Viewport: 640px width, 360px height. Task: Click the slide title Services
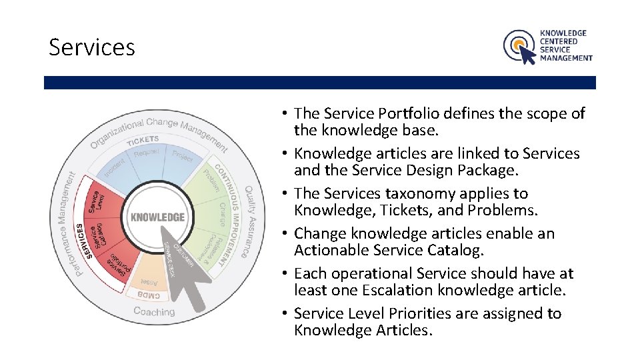92,47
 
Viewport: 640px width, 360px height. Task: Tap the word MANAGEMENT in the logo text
566,58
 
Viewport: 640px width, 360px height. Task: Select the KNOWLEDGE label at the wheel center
158,217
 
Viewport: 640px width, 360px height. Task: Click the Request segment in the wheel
146,154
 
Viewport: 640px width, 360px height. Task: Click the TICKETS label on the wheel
143,139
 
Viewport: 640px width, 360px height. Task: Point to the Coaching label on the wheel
154,311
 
